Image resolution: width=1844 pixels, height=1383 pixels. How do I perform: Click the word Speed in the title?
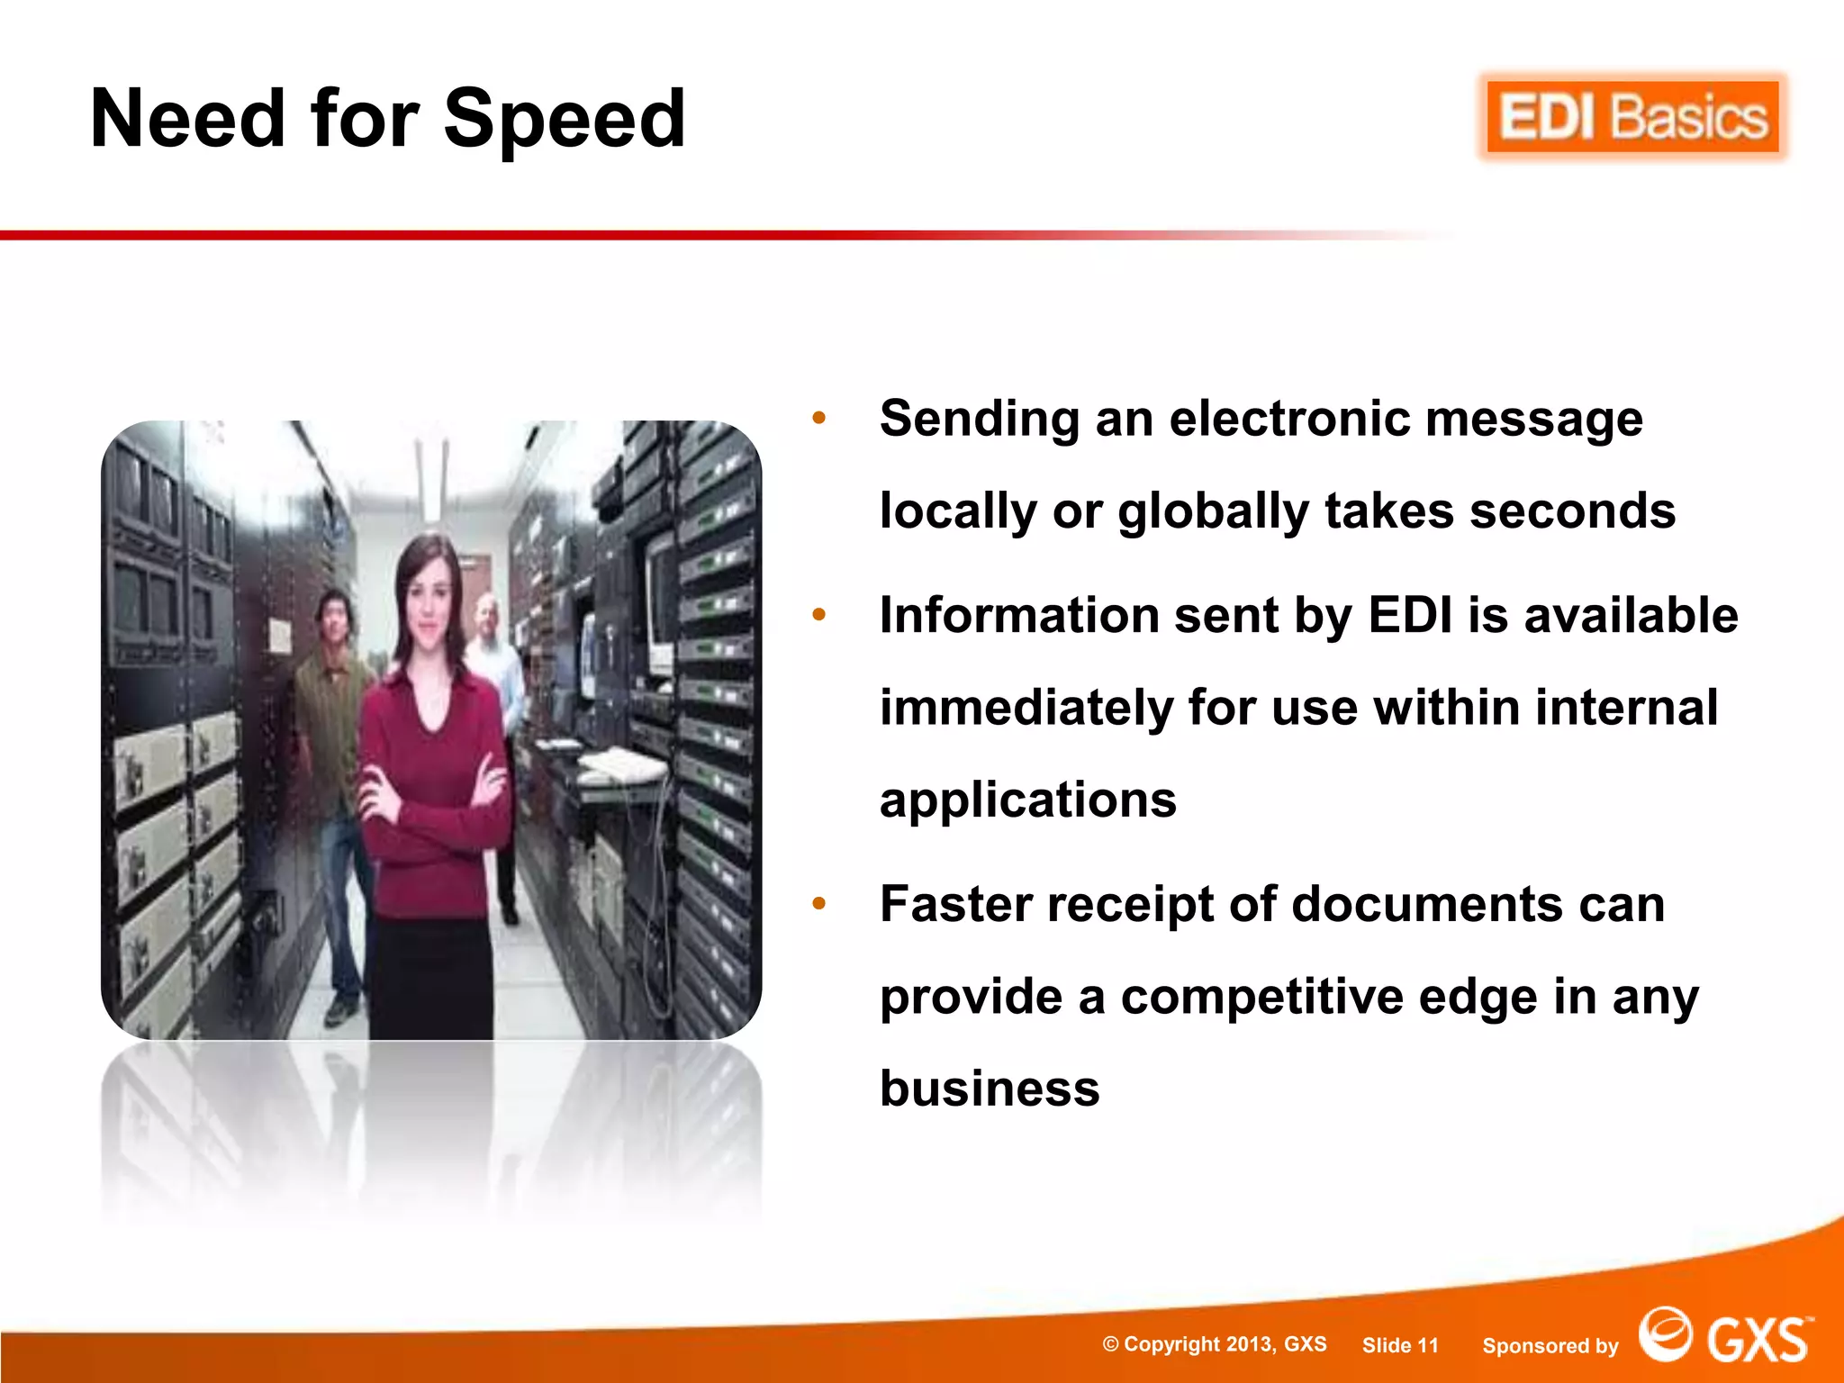[565, 120]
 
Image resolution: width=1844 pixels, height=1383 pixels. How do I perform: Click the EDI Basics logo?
[1632, 118]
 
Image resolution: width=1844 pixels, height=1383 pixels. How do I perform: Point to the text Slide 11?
[1400, 1345]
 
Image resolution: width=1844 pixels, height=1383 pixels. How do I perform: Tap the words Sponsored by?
[1550, 1346]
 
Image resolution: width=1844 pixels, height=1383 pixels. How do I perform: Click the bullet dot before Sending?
[818, 418]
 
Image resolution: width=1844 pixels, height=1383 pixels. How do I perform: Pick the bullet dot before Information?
[818, 615]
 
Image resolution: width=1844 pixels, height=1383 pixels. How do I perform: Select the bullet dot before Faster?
[818, 903]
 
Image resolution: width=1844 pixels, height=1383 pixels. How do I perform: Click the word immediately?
[1026, 708]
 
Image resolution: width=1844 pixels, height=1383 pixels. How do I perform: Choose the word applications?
[1028, 800]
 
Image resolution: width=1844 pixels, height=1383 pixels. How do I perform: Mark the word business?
[990, 1089]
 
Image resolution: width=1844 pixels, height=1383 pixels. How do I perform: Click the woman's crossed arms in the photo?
[432, 792]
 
